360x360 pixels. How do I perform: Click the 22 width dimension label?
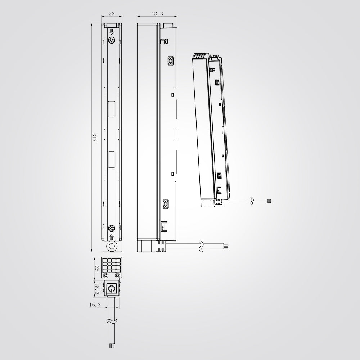click(111, 14)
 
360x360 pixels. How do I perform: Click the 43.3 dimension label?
click(157, 14)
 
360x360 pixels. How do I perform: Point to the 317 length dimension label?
click(94, 137)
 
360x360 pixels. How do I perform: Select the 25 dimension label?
click(97, 269)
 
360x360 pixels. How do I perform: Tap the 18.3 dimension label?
click(97, 289)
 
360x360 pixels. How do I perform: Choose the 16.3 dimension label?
click(95, 305)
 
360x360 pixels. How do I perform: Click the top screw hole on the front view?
click(112, 40)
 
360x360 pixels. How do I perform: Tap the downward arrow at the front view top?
click(112, 32)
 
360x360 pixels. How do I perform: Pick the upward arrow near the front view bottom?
click(112, 237)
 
